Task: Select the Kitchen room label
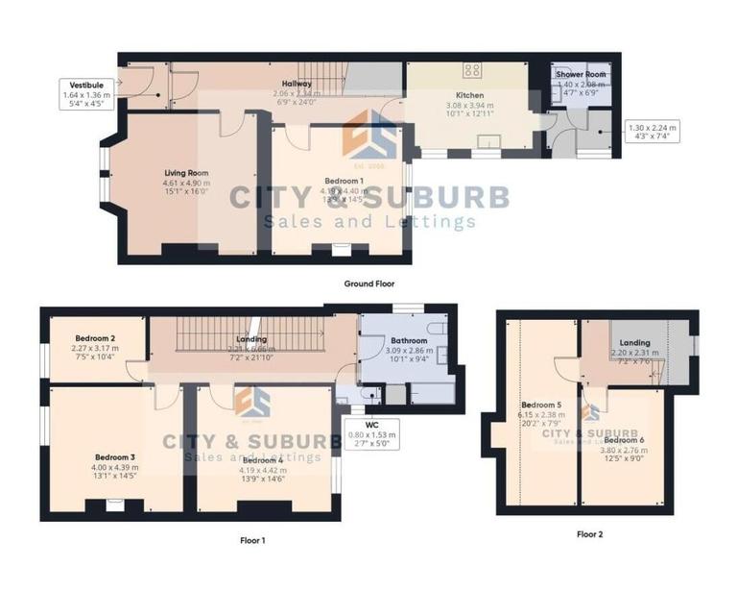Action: pyautogui.click(x=469, y=95)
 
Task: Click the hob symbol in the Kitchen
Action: pyautogui.click(x=472, y=70)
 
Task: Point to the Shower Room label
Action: pyautogui.click(x=582, y=75)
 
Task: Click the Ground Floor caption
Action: pyautogui.click(x=368, y=284)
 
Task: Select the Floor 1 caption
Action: pyautogui.click(x=252, y=540)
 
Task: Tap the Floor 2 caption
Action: pyautogui.click(x=590, y=533)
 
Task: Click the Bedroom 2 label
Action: pyautogui.click(x=96, y=338)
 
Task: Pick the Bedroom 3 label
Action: pyautogui.click(x=114, y=457)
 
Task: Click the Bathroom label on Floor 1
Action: pyautogui.click(x=410, y=341)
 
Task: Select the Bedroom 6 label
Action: pyautogui.click(x=624, y=439)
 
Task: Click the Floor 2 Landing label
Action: pyautogui.click(x=635, y=342)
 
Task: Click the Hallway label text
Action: pyautogui.click(x=297, y=84)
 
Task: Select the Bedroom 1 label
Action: pyautogui.click(x=343, y=181)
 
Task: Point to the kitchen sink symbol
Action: pyautogui.click(x=494, y=142)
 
